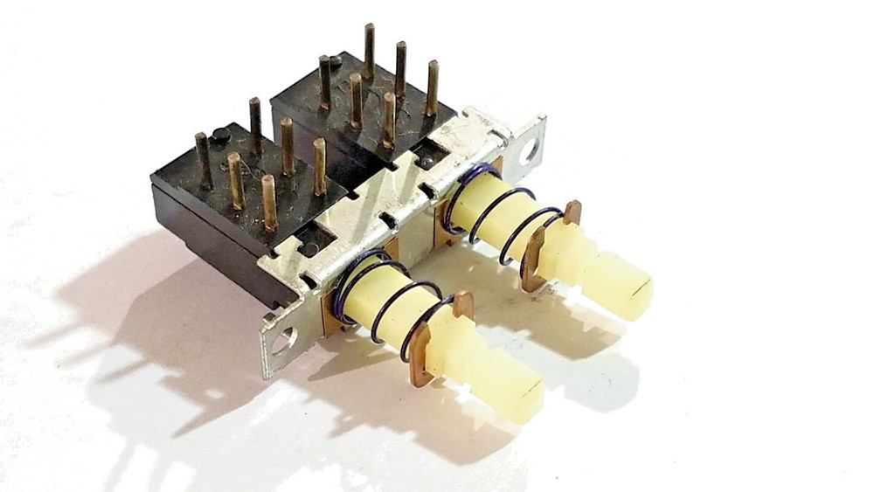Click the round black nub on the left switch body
(x=221, y=135)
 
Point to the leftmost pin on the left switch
(x=204, y=162)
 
